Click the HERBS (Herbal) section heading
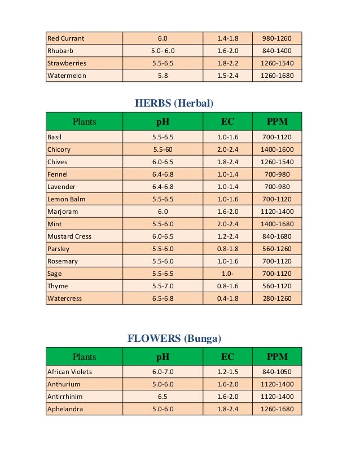(174, 103)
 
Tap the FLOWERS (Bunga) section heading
(174, 338)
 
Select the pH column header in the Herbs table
(163, 121)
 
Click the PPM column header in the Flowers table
(277, 357)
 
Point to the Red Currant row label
(66, 38)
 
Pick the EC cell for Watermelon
(227, 76)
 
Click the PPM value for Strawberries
(277, 63)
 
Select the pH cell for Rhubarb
(163, 51)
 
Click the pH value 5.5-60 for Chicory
(163, 150)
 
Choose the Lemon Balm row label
(65, 199)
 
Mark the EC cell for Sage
(227, 274)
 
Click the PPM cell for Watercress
(277, 298)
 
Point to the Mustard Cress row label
(69, 236)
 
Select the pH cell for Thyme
(163, 286)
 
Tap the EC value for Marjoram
(227, 212)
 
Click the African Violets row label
(70, 372)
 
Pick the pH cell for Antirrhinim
(163, 397)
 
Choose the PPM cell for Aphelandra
(277, 409)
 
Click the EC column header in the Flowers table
(227, 357)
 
